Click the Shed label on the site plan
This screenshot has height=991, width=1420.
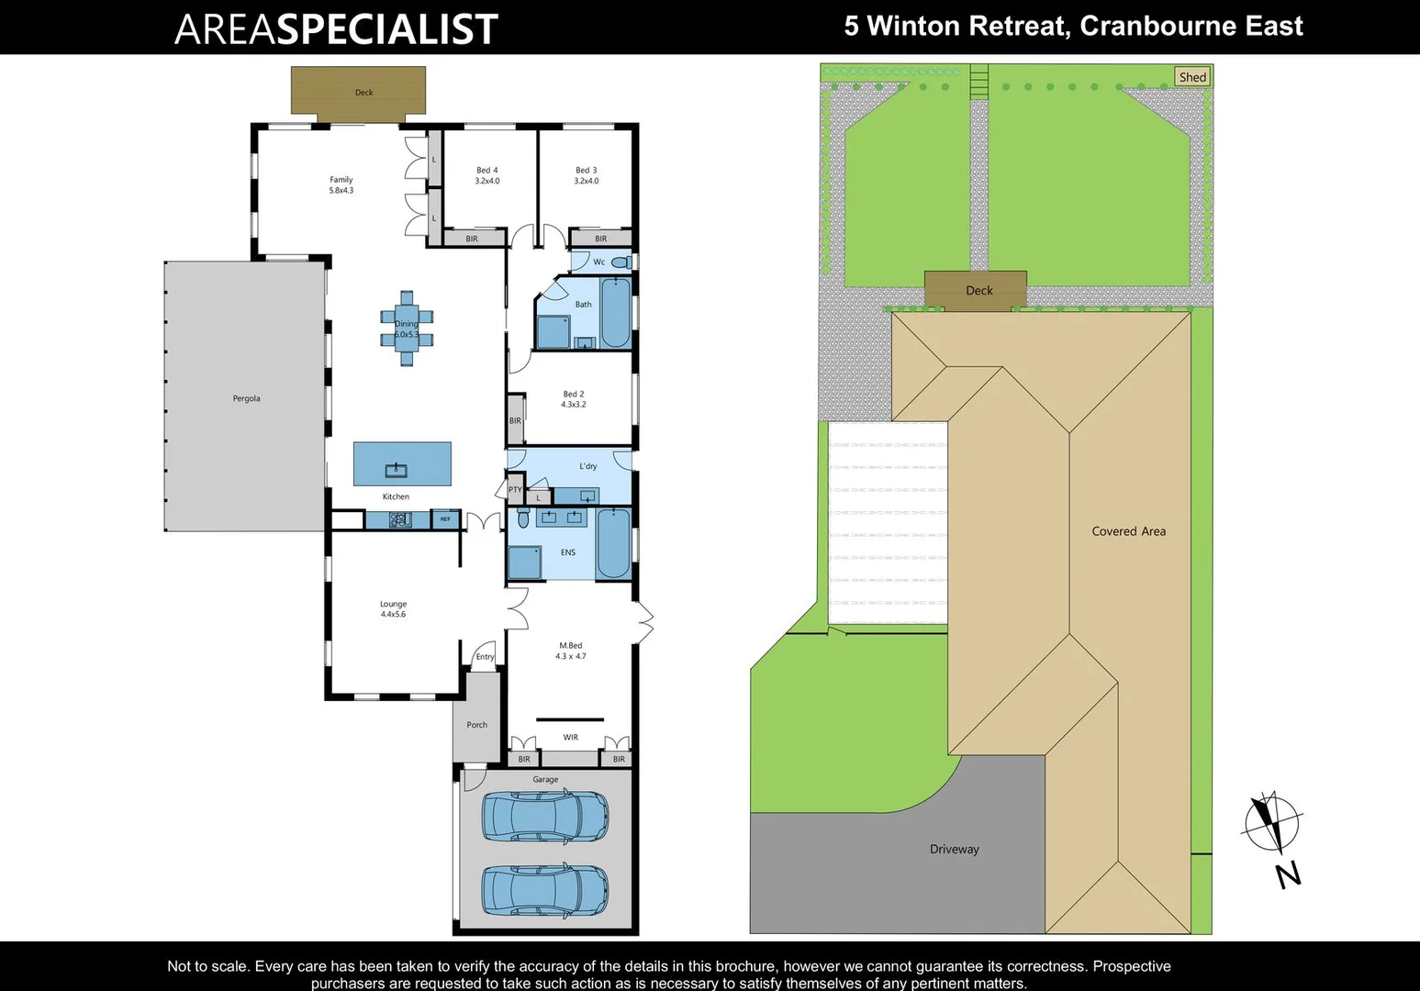pyautogui.click(x=1192, y=77)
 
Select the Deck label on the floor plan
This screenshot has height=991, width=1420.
pyautogui.click(x=363, y=93)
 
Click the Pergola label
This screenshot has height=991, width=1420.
pyautogui.click(x=246, y=398)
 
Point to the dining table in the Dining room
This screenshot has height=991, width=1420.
pyautogui.click(x=407, y=328)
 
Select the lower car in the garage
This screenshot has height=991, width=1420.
pyautogui.click(x=544, y=890)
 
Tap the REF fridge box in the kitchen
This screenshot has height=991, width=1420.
pyautogui.click(x=445, y=519)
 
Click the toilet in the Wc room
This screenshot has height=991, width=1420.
pyautogui.click(x=621, y=262)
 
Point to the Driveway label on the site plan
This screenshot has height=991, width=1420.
pyautogui.click(x=954, y=849)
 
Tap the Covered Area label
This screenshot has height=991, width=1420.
pyautogui.click(x=1128, y=531)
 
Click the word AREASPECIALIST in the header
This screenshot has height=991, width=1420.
pyautogui.click(x=336, y=29)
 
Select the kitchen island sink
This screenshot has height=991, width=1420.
pyautogui.click(x=397, y=471)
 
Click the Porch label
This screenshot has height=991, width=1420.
pyautogui.click(x=476, y=725)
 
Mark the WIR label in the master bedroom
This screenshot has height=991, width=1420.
pyautogui.click(x=570, y=737)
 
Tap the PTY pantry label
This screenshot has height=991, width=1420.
pyautogui.click(x=515, y=490)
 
